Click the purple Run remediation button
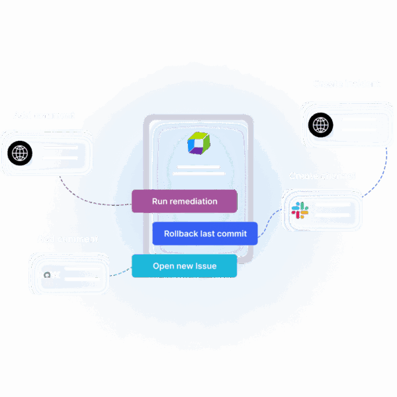184,201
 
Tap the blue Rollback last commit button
204,234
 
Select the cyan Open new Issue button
184,266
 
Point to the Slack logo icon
300,211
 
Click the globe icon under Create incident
320,124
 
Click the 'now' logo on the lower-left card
50,274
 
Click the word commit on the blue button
232,234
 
